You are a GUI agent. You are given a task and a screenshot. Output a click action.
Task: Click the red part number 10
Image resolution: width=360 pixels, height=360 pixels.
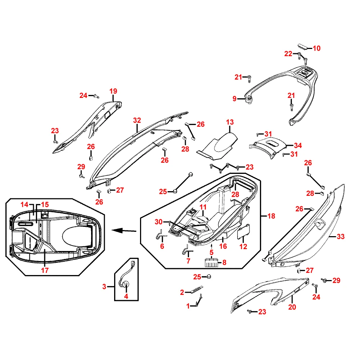tap(316, 48)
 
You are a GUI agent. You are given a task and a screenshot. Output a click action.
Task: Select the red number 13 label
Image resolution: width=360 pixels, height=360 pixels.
tap(230, 122)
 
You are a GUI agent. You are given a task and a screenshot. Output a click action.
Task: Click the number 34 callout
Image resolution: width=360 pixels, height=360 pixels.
tap(298, 146)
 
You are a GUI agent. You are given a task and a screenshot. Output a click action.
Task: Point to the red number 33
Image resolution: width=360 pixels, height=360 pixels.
tap(341, 237)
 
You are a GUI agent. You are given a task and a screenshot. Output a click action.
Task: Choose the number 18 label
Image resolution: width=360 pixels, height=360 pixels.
tap(271, 216)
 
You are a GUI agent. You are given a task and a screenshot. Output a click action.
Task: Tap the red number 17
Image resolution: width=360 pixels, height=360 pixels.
tap(45, 270)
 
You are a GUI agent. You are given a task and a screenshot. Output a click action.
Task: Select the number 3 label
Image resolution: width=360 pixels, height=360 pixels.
tap(104, 287)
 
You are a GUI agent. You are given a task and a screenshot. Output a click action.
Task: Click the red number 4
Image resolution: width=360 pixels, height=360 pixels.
tap(126, 296)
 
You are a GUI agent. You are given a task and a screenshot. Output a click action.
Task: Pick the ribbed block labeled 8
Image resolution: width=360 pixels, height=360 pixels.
tap(211, 262)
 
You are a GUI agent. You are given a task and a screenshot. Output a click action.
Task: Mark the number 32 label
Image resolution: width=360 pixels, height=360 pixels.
tap(137, 120)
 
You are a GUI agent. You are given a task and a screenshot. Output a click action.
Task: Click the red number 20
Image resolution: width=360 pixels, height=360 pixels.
tap(292, 307)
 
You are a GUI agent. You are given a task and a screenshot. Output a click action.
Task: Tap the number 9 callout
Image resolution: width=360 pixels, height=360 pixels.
tap(234, 98)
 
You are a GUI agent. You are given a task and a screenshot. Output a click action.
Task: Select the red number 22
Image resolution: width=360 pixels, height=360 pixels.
tap(288, 54)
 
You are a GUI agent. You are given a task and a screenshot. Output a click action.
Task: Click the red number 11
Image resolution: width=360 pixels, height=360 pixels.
tap(203, 207)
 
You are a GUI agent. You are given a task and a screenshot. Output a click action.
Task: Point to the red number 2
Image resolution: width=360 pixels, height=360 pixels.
tap(182, 292)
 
